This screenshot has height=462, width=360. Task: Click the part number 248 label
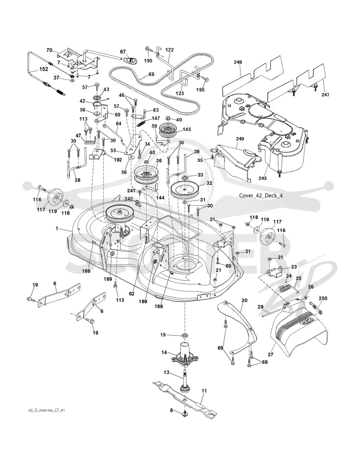(238, 62)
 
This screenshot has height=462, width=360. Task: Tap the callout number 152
(44, 70)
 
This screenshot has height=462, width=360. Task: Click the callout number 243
(262, 178)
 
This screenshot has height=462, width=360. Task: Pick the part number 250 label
(323, 298)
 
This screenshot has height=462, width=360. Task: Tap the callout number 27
(270, 354)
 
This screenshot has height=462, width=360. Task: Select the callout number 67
(123, 52)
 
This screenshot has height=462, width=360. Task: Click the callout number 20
(244, 300)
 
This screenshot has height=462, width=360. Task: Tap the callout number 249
(240, 139)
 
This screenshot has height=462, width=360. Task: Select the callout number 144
(160, 197)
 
